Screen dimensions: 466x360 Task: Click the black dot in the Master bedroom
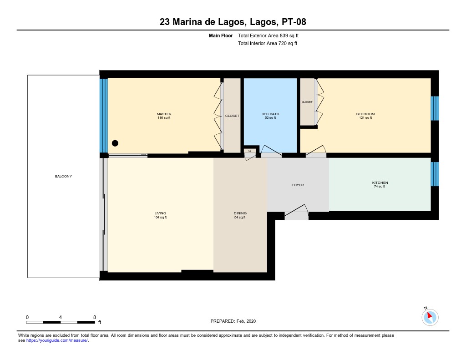[x=115, y=143]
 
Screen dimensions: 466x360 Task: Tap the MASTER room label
[x=164, y=114]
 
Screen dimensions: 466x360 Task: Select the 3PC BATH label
[x=270, y=114]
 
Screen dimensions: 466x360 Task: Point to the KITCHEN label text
[x=380, y=183]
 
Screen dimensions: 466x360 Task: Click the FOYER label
[x=298, y=185]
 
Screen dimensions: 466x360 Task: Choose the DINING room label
[x=240, y=213]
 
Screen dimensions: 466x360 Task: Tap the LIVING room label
[x=160, y=213]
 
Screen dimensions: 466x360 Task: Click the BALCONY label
[x=63, y=176]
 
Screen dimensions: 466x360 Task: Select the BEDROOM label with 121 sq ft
[x=365, y=114]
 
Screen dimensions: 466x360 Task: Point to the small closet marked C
[x=250, y=151]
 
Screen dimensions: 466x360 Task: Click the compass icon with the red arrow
[x=430, y=317]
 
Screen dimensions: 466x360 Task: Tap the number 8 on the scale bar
[x=95, y=317]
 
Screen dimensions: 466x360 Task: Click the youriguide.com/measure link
[x=57, y=340]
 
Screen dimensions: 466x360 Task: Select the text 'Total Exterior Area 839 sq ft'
[x=268, y=35]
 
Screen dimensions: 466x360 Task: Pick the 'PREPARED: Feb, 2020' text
[x=233, y=321]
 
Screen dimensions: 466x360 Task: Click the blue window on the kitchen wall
[x=435, y=174]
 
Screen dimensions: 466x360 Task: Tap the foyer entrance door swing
[x=296, y=212]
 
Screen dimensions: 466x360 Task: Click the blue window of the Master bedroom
[x=103, y=115]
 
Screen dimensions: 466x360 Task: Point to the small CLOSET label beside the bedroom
[x=307, y=102]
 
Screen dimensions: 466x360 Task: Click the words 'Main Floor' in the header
[x=221, y=35]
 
